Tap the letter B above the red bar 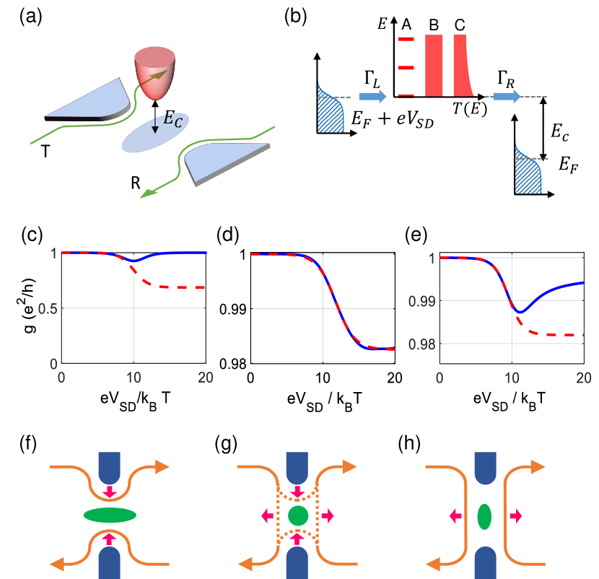coord(434,25)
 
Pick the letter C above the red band coord(460,25)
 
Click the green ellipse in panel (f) coord(110,515)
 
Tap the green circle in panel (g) coord(297,515)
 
